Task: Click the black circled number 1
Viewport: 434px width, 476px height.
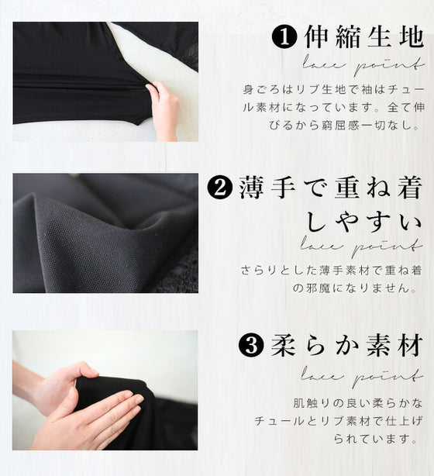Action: pos(284,37)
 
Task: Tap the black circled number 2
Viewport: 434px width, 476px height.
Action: pos(220,188)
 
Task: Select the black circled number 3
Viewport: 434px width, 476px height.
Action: pos(251,345)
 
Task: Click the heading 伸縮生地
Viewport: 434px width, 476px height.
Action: pos(364,37)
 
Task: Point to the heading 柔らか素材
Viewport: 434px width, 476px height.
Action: pos(347,346)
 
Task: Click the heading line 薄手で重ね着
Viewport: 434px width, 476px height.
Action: pos(331,188)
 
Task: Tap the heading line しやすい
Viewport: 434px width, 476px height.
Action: pos(364,221)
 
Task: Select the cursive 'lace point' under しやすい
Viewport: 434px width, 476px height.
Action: pos(362,247)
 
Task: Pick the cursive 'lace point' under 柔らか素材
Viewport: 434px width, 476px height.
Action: pos(362,377)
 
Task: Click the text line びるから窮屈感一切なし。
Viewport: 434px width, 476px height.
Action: pos(346,125)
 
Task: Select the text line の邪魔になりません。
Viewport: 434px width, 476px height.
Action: pos(355,288)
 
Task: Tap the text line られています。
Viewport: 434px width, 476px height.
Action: pos(376,438)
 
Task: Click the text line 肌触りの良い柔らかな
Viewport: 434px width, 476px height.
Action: pos(357,403)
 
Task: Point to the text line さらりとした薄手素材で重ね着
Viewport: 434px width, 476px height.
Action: pos(332,271)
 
